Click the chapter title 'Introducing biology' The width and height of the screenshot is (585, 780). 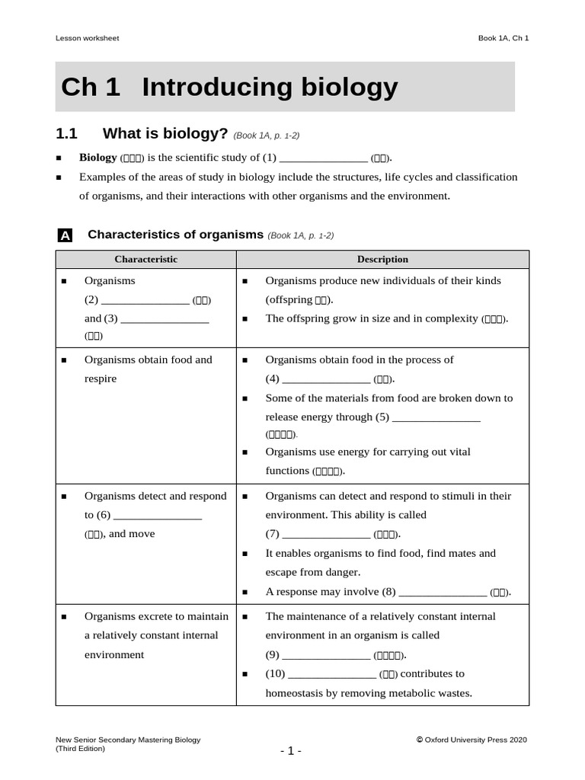pyautogui.click(x=270, y=88)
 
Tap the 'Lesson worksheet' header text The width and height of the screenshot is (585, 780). pyautogui.click(x=87, y=38)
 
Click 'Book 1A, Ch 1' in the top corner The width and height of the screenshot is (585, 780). pyautogui.click(x=503, y=38)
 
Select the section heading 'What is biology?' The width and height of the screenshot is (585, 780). pyautogui.click(x=165, y=134)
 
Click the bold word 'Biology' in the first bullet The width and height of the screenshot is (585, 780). pyautogui.click(x=97, y=158)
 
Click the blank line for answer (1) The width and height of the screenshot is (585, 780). pyautogui.click(x=324, y=158)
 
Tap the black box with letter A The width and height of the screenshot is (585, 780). pyautogui.click(x=66, y=236)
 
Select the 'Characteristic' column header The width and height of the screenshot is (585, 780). pyautogui.click(x=145, y=259)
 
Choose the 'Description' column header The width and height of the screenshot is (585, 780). pyautogui.click(x=382, y=259)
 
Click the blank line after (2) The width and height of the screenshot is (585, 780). pyautogui.click(x=145, y=300)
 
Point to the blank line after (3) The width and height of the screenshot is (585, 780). pyautogui.click(x=165, y=319)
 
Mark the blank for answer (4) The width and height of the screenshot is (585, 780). pyautogui.click(x=326, y=379)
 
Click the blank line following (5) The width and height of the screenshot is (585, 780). pyautogui.click(x=436, y=417)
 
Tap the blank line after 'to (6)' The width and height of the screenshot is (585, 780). pyautogui.click(x=158, y=516)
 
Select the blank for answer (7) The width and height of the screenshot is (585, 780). pyautogui.click(x=326, y=535)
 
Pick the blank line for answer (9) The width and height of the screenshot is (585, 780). pyautogui.click(x=326, y=655)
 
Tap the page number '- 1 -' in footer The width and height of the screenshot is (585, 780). pyautogui.click(x=291, y=751)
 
